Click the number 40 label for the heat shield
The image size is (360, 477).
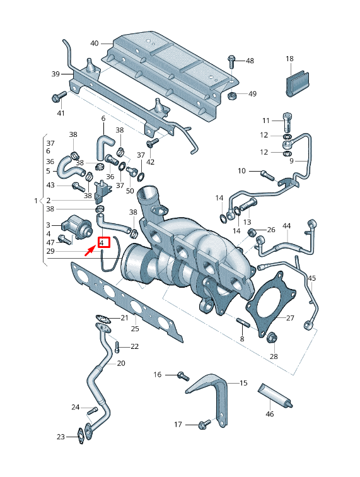(95, 44)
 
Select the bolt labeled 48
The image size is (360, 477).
(231, 61)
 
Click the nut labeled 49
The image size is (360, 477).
(232, 95)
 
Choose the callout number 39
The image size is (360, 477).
(55, 74)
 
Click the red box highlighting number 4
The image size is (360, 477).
(103, 242)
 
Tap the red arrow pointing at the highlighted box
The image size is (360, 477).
(90, 252)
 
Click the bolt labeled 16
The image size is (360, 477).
(182, 375)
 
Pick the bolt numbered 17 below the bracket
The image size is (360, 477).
(202, 425)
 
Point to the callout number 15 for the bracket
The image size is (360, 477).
(243, 383)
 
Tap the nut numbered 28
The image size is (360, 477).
(273, 338)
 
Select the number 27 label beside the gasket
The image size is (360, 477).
(290, 318)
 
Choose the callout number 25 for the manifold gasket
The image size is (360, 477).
(135, 329)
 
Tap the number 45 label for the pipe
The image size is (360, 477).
(311, 278)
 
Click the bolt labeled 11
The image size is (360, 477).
(287, 120)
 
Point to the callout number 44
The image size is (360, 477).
(287, 225)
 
